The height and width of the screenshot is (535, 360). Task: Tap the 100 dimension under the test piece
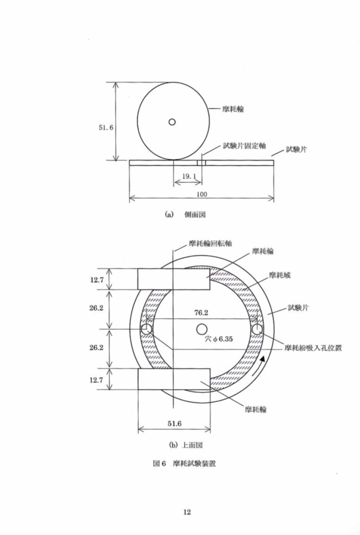(x=202, y=194)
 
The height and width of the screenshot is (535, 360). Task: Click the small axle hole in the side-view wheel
(x=172, y=122)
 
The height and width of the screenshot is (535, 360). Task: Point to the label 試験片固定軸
(x=245, y=146)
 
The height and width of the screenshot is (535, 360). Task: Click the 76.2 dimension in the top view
(x=201, y=312)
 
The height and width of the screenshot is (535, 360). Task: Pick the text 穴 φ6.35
(x=219, y=340)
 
